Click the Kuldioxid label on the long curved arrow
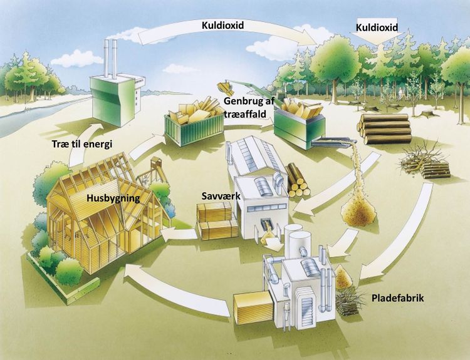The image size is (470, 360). click(222, 25)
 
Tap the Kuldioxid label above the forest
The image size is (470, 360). click(377, 28)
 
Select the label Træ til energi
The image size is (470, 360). click(82, 144)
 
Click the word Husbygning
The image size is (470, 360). click(113, 198)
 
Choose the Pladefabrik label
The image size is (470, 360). click(398, 298)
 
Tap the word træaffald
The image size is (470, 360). click(245, 113)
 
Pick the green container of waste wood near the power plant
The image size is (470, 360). click(194, 123)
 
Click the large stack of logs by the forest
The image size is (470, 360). click(384, 129)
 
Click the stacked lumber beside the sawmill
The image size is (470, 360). click(217, 220)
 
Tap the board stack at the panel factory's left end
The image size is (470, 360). click(253, 308)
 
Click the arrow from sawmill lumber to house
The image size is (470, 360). click(179, 234)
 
